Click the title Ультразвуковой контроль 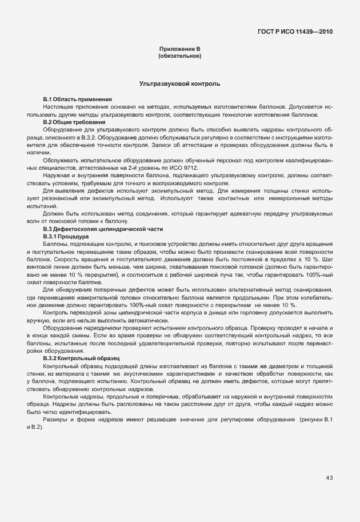[x=179, y=84]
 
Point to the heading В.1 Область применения [x=77, y=99]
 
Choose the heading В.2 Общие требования [x=74, y=122]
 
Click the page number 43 [x=329, y=477]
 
